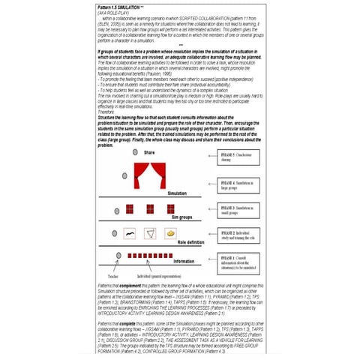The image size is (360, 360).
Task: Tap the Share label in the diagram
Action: click(148, 152)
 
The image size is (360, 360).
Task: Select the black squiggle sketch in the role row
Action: click(130, 234)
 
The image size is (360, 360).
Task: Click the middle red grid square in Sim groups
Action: click(151, 208)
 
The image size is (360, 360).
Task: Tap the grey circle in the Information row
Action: click(118, 256)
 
